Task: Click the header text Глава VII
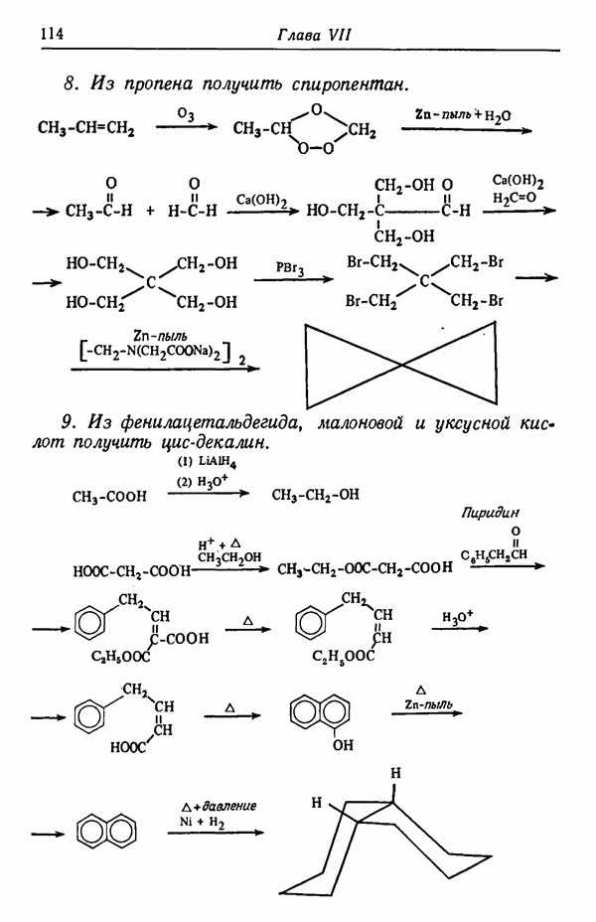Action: pyautogui.click(x=315, y=35)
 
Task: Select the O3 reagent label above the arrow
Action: pyautogui.click(x=186, y=114)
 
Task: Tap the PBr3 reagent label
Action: pyautogui.click(x=290, y=268)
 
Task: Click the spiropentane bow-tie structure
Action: pyautogui.click(x=401, y=365)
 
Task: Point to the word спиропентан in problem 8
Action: pyautogui.click(x=349, y=84)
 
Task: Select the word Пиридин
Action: pyautogui.click(x=490, y=512)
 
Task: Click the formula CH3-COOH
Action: pyautogui.click(x=109, y=497)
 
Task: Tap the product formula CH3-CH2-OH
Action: pyautogui.click(x=315, y=495)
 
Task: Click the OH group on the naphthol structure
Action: pyautogui.click(x=343, y=745)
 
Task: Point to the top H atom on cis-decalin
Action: pyautogui.click(x=395, y=772)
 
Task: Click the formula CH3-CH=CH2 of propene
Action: pyautogui.click(x=85, y=127)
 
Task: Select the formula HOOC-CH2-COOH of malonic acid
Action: pyautogui.click(x=132, y=571)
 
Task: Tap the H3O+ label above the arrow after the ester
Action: pyautogui.click(x=458, y=617)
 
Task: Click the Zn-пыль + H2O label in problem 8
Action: pyautogui.click(x=463, y=115)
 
